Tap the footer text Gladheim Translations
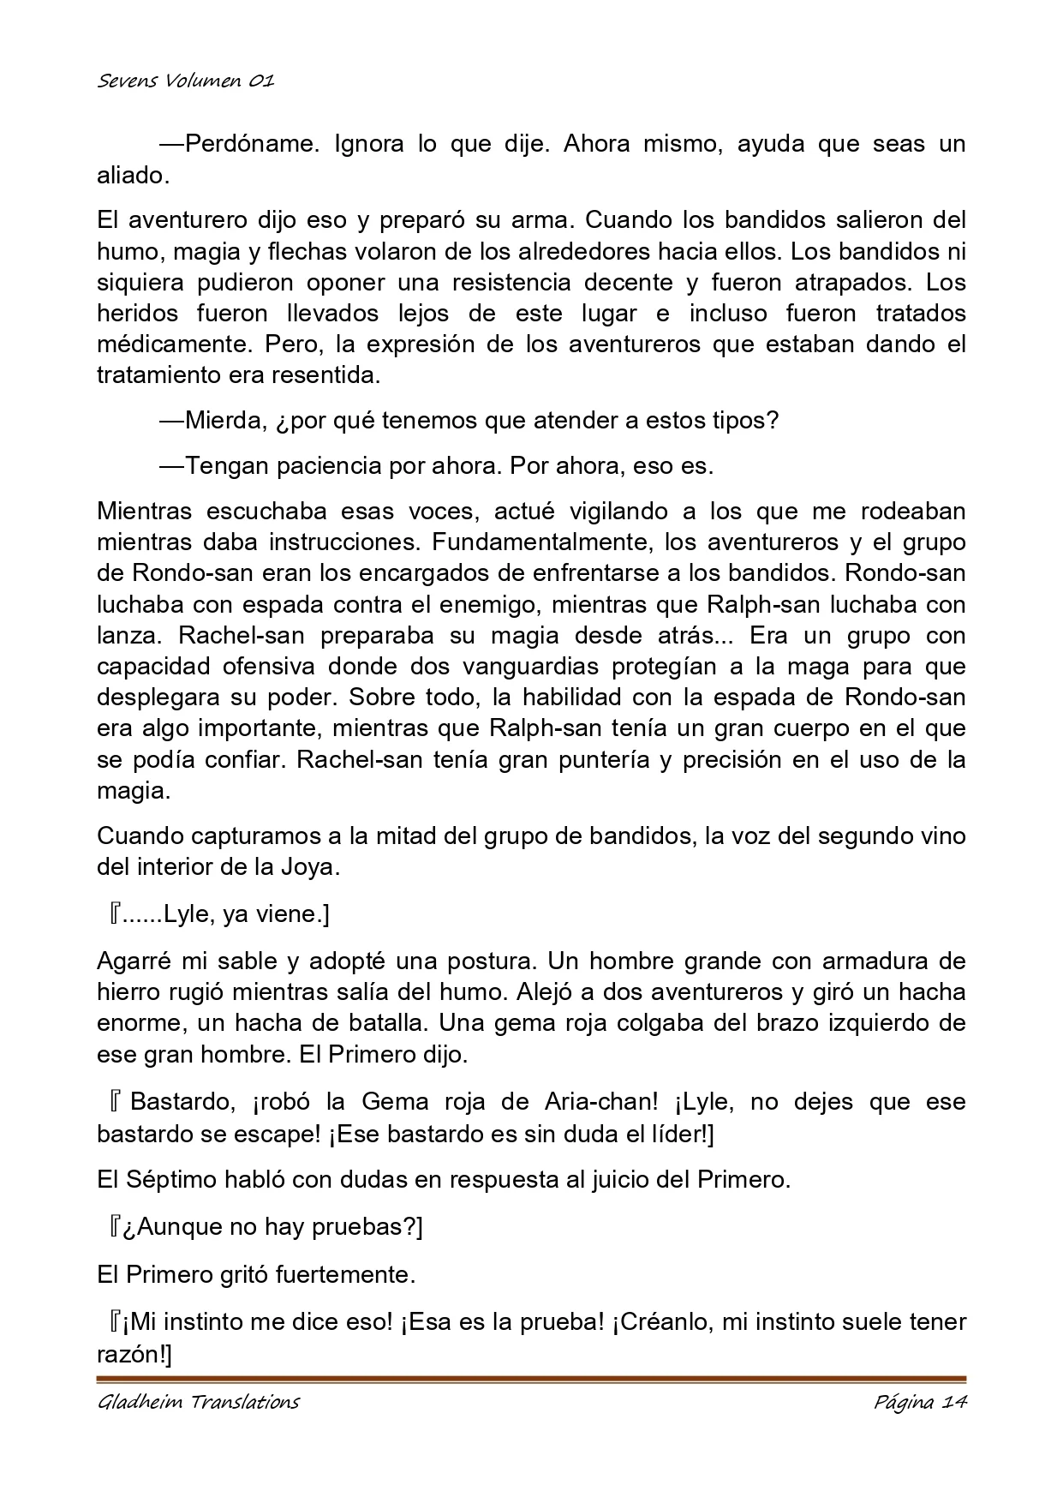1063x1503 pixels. (x=198, y=1403)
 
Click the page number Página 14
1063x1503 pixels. (x=920, y=1403)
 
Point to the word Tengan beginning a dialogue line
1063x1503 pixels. (x=224, y=466)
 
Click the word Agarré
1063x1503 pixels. (x=134, y=961)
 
